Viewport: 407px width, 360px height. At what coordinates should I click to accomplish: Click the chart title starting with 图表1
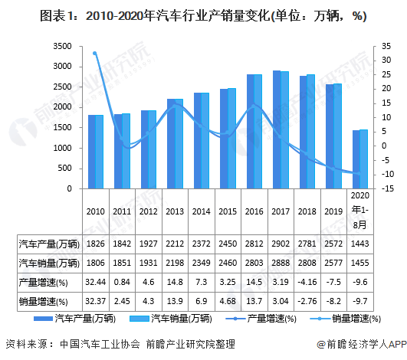point(202,15)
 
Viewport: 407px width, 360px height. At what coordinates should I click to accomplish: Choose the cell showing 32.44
point(96,283)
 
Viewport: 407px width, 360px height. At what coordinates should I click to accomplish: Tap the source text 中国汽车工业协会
point(92,344)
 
